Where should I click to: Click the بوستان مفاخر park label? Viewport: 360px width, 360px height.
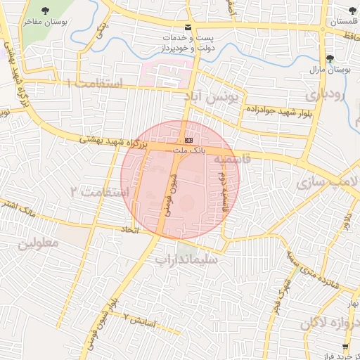(x=46, y=22)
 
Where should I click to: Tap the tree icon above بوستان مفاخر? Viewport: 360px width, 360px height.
(x=46, y=11)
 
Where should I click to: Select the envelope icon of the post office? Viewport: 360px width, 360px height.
(x=186, y=26)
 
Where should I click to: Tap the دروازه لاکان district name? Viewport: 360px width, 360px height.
(x=330, y=323)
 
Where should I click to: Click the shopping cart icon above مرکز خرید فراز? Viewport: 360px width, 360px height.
(x=345, y=347)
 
